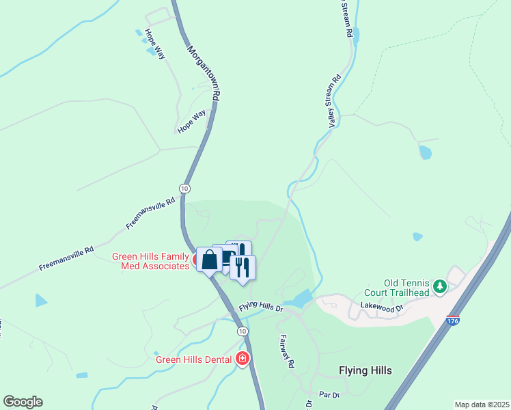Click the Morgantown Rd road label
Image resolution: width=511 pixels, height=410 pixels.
pos(203,73)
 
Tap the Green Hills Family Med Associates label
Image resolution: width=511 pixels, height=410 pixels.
pos(150,262)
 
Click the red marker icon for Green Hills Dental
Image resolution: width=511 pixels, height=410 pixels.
pos(242,359)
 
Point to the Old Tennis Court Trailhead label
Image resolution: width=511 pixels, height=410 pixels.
pos(406,288)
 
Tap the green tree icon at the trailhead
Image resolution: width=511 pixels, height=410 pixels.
pos(441,287)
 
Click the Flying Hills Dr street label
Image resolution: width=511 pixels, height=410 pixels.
pos(260,307)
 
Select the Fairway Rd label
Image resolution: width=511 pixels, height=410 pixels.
pos(286,351)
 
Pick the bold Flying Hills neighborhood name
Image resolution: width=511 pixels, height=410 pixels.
pos(365,370)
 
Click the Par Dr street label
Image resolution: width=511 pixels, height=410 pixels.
pos(329,395)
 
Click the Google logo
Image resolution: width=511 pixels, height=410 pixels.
pos(23,402)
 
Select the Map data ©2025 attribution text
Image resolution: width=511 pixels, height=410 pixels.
pos(481,405)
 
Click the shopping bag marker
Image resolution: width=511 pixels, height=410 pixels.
pos(210,260)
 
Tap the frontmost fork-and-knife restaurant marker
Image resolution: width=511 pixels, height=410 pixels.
pos(242,266)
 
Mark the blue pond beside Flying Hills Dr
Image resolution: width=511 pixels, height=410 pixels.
pos(299,299)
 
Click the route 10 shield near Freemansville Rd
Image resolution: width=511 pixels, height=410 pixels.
pos(184,188)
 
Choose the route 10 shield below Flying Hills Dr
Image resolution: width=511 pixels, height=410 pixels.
pos(243,331)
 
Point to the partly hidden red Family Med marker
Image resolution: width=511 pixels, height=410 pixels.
pos(195,260)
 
